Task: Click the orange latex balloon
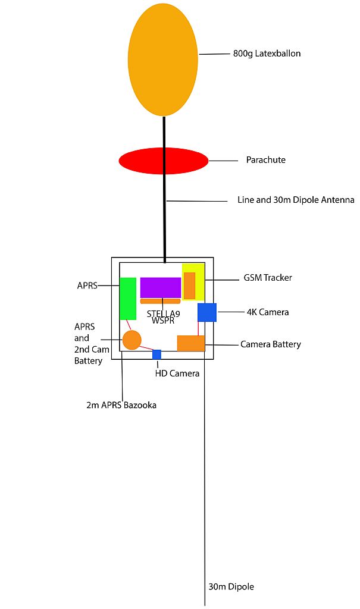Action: coord(162,59)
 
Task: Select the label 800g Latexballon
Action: coord(267,54)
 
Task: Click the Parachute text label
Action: coord(265,160)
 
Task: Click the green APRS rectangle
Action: coord(128,299)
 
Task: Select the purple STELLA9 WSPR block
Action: coord(161,287)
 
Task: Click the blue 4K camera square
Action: coord(206,312)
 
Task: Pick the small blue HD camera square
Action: coord(156,354)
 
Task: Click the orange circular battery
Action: coord(132,340)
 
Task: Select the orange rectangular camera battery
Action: coord(190,344)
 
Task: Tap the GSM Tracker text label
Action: coord(268,278)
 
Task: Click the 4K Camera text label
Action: coord(268,312)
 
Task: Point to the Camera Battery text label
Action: coord(270,344)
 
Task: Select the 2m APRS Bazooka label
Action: coord(121,406)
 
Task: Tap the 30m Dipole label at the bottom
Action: coord(231,586)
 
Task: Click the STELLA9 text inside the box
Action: coord(163,313)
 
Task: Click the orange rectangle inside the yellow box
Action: coord(189,285)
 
